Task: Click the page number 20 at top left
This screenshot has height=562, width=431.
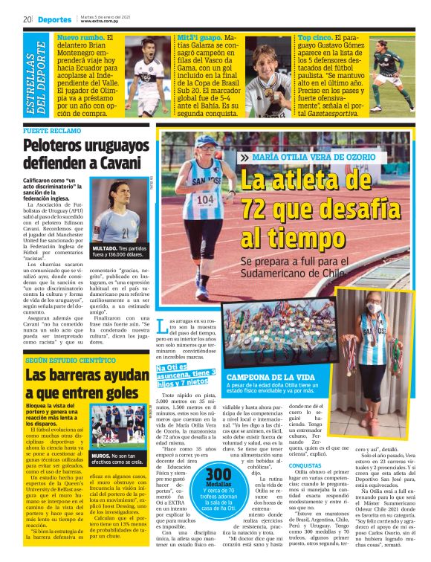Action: pyautogui.click(x=27, y=18)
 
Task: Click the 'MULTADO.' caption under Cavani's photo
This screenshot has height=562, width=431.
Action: pyautogui.click(x=108, y=247)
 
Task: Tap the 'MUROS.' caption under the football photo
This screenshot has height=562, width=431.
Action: pyautogui.click(x=102, y=454)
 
